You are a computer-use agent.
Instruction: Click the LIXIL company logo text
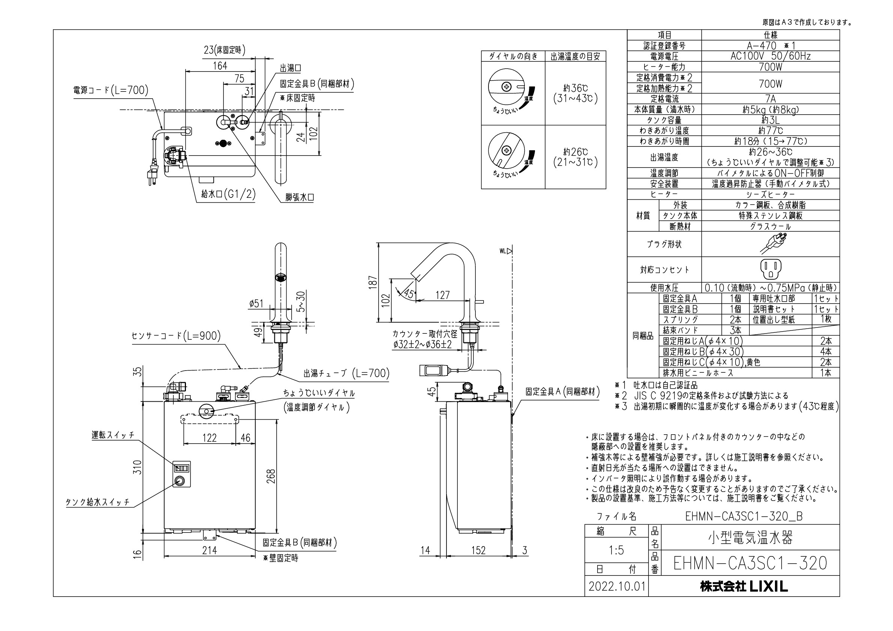[744, 586]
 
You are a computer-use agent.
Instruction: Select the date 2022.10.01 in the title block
[617, 586]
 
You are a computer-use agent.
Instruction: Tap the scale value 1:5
[616, 550]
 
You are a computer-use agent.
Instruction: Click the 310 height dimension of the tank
[137, 467]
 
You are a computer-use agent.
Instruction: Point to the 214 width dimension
[209, 550]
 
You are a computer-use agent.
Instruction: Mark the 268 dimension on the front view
[271, 477]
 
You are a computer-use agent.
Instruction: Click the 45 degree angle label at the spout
[409, 293]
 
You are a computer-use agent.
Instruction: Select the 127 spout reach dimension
[443, 296]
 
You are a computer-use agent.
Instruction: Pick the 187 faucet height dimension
[373, 282]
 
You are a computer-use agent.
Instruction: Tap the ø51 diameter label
[256, 303]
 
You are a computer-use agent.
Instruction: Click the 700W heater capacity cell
[770, 67]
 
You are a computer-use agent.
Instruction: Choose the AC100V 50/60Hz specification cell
[770, 56]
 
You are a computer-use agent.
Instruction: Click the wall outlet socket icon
[770, 269]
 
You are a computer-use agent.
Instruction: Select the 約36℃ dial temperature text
[575, 89]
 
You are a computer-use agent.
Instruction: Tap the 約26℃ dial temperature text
[575, 152]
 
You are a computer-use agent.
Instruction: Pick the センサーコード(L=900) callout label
[176, 335]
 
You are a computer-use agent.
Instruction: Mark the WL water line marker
[505, 251]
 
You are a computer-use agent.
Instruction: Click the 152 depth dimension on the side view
[478, 550]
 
